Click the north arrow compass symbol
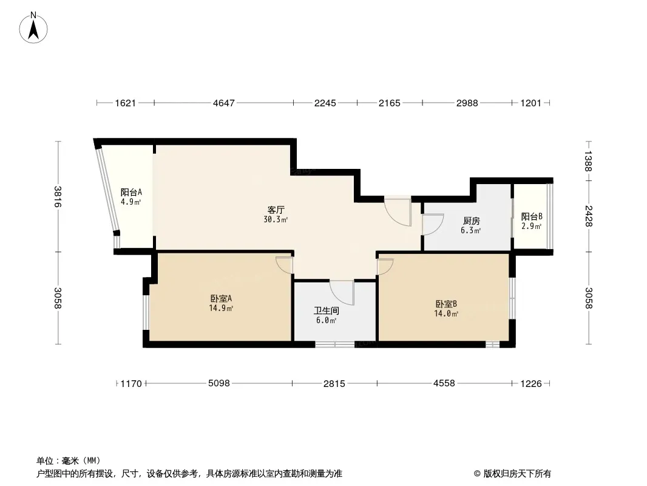click(33, 28)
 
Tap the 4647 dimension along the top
click(223, 103)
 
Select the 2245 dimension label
click(325, 103)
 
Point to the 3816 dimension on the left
click(58, 197)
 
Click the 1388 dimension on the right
click(588, 161)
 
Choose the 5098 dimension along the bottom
click(218, 383)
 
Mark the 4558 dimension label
click(444, 383)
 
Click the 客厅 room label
click(276, 210)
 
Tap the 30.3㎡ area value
click(276, 220)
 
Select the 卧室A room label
click(221, 298)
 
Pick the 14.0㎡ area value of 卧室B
click(446, 313)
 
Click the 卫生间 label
click(326, 310)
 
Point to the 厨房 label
click(471, 221)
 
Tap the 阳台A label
click(131, 193)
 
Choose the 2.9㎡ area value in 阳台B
click(531, 226)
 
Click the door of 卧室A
click(284, 265)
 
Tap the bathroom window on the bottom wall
click(334, 344)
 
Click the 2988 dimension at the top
click(467, 103)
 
